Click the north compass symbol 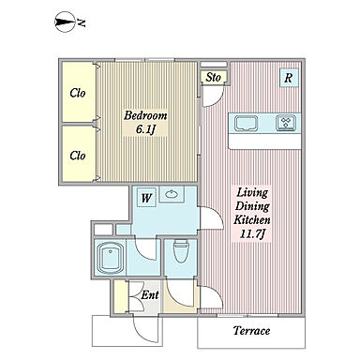[x=65, y=22]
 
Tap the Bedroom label [x=145, y=115]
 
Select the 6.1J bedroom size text [x=145, y=129]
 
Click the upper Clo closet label [x=78, y=93]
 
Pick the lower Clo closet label [x=78, y=156]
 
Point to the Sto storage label [x=213, y=77]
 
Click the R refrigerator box [x=288, y=78]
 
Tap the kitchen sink [x=247, y=123]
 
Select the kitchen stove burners [x=286, y=123]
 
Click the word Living [x=252, y=193]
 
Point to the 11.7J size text [x=252, y=234]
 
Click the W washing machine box [x=146, y=198]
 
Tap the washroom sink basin [x=172, y=194]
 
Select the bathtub [x=110, y=258]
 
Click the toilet [x=181, y=251]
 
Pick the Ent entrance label [x=150, y=295]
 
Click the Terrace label [x=251, y=330]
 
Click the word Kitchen [x=252, y=219]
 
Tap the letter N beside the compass [x=82, y=22]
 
